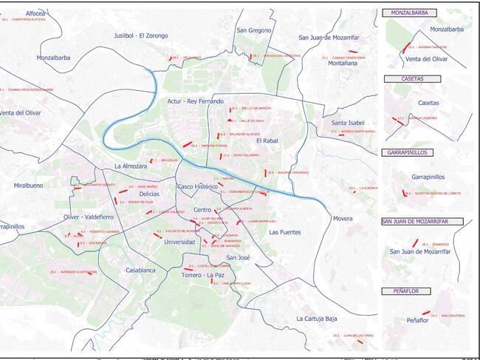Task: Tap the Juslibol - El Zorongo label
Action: pyautogui.click(x=140, y=35)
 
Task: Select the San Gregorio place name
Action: pyautogui.click(x=253, y=30)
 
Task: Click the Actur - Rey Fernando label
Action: pyautogui.click(x=195, y=101)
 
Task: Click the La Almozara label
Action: pyautogui.click(x=131, y=166)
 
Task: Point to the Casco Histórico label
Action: pyautogui.click(x=201, y=187)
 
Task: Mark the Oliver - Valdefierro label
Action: pyautogui.click(x=89, y=217)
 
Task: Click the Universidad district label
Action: pyautogui.click(x=179, y=242)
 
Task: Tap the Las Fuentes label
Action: pyautogui.click(x=285, y=233)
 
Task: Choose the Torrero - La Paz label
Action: pyautogui.click(x=202, y=276)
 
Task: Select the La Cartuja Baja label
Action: pyautogui.click(x=317, y=319)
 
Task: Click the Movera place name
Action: pyautogui.click(x=342, y=219)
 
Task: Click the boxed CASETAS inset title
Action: pyautogui.click(x=412, y=78)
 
